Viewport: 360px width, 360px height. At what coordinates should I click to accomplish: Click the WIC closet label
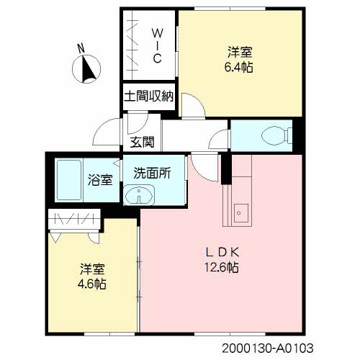point(157,45)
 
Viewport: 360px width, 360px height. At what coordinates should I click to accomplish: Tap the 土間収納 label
point(149,96)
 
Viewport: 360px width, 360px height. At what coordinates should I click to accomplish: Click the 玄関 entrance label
point(142,142)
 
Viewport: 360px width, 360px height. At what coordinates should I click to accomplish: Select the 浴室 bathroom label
point(100,179)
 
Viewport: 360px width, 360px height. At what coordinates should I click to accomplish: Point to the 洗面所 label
point(152,173)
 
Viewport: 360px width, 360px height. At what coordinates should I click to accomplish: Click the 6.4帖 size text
point(238,68)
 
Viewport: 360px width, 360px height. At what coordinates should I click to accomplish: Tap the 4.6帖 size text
point(92,284)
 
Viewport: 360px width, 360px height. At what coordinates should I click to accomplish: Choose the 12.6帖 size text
point(221,267)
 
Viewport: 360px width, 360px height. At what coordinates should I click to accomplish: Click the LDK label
point(222,252)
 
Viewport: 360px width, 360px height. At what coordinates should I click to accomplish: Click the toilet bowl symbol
point(276,135)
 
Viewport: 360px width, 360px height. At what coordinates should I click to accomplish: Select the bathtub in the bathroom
point(69,180)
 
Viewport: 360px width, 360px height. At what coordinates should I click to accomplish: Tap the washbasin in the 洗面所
point(138,194)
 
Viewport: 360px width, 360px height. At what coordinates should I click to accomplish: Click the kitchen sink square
point(241,213)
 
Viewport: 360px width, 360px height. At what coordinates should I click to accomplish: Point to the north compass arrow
point(88,68)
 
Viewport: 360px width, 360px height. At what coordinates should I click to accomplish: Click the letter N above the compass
point(81,48)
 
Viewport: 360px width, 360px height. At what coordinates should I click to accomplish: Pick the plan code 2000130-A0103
point(267,348)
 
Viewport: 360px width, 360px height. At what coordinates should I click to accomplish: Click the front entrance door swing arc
point(102,127)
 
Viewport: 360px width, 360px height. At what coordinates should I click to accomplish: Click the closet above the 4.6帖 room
point(74,219)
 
